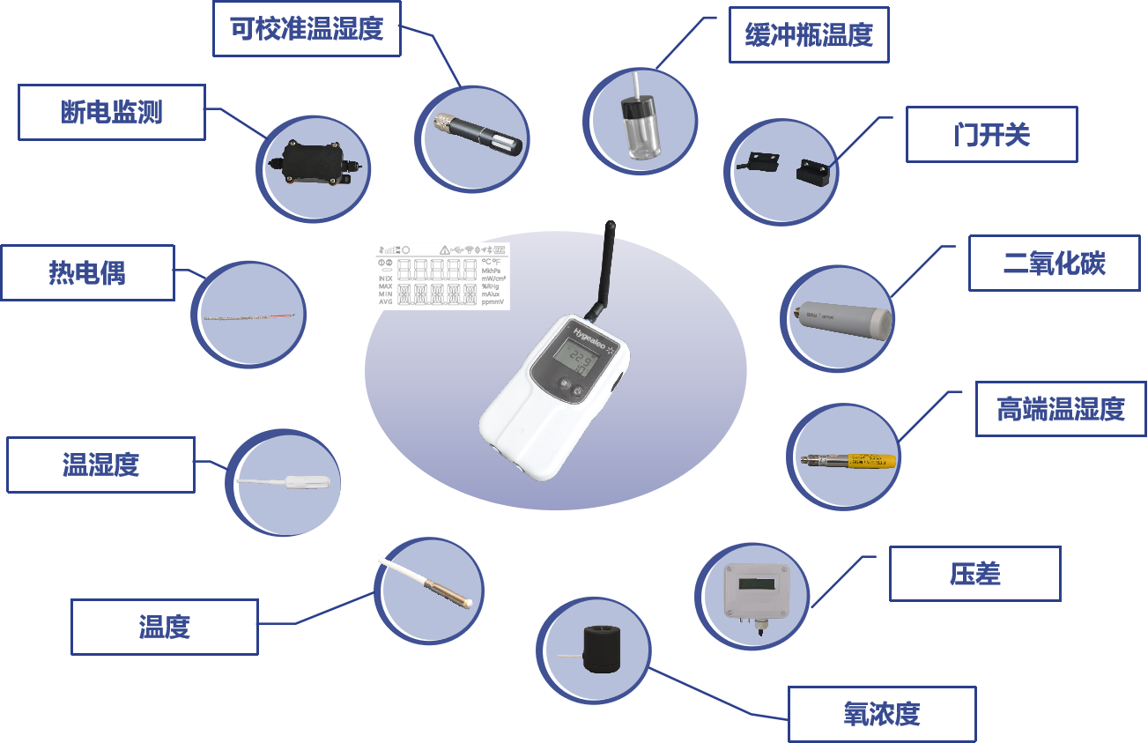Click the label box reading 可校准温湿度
coord(307,29)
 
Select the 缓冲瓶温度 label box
coord(808,36)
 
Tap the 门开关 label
coord(991,135)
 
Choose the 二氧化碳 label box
coord(1054,263)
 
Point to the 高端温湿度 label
coord(1061,409)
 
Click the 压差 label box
coord(974,574)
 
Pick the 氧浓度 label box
coord(881,714)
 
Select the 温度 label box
coord(164,627)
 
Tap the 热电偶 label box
coord(87,272)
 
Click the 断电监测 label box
coord(111,112)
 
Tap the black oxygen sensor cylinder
coord(603,651)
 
